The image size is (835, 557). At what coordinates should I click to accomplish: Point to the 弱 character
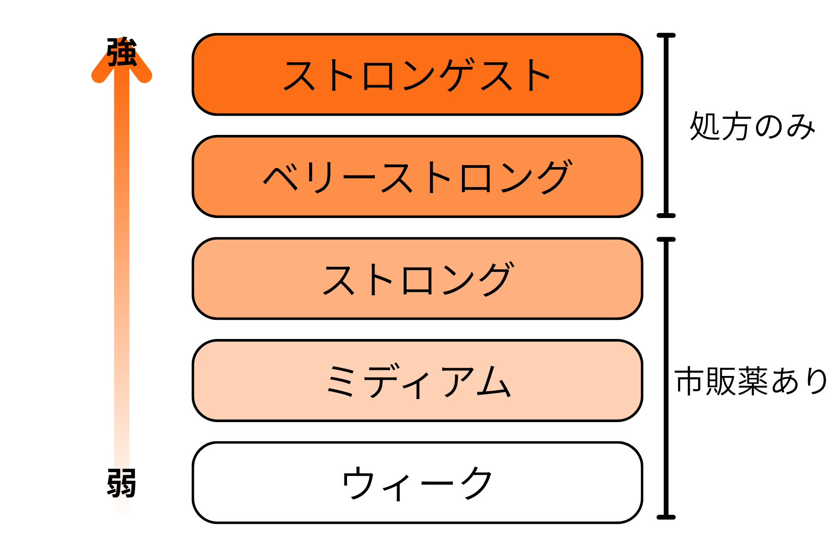pyautogui.click(x=122, y=483)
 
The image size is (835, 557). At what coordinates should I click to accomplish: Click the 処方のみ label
pyautogui.click(x=752, y=126)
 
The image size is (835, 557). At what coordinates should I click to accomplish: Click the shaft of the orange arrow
pyautogui.click(x=122, y=261)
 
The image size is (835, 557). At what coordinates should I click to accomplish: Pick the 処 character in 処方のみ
pyautogui.click(x=705, y=126)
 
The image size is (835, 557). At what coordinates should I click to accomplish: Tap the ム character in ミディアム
pyautogui.click(x=494, y=381)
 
